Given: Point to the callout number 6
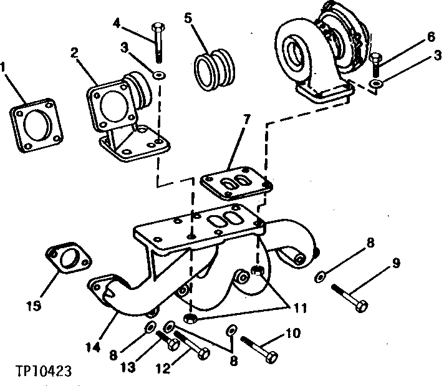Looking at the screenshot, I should (x=430, y=37).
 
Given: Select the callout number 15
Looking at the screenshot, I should (x=34, y=306).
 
